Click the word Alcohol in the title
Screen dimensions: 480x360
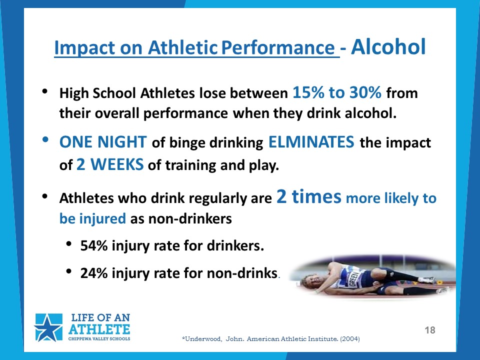pyautogui.click(x=388, y=47)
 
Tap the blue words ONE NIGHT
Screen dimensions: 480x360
pyautogui.click(x=103, y=142)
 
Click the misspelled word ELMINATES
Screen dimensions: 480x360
pyautogui.click(x=311, y=142)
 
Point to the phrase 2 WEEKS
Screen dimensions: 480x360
pyautogui.click(x=110, y=164)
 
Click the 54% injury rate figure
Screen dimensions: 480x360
pyautogui.click(x=94, y=245)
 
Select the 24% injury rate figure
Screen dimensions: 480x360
pyautogui.click(x=94, y=273)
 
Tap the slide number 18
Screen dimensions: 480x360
pyautogui.click(x=430, y=330)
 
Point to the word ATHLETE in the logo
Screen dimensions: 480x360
pyautogui.click(x=99, y=329)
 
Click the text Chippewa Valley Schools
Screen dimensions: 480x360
pyautogui.click(x=99, y=339)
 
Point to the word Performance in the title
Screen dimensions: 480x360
pyautogui.click(x=278, y=48)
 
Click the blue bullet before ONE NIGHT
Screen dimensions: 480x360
pyautogui.click(x=45, y=139)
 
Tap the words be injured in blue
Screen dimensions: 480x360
pyautogui.click(x=92, y=218)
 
